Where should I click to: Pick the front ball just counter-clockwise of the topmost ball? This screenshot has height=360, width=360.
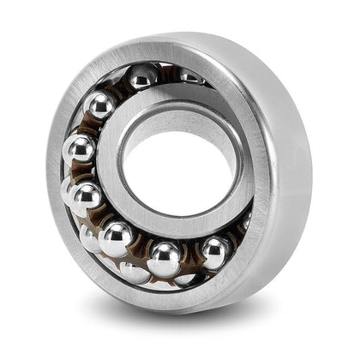(x=102, y=105)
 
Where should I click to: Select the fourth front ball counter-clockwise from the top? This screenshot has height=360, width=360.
(x=85, y=198)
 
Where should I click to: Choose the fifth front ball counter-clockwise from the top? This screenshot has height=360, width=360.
(x=116, y=237)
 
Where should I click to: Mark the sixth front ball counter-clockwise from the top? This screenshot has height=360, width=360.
(x=165, y=258)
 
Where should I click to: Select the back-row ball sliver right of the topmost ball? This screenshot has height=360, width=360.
(x=190, y=77)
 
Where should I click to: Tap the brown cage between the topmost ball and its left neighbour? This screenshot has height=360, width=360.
(x=120, y=86)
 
